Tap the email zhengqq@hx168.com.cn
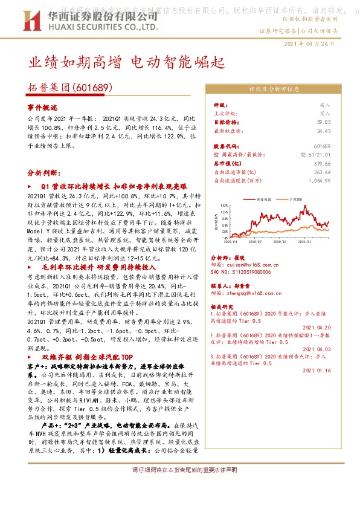point(249,293)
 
